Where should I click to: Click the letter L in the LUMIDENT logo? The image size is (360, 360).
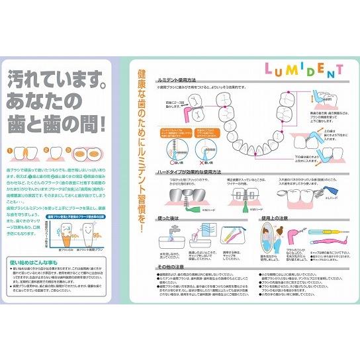coord(269,70)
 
